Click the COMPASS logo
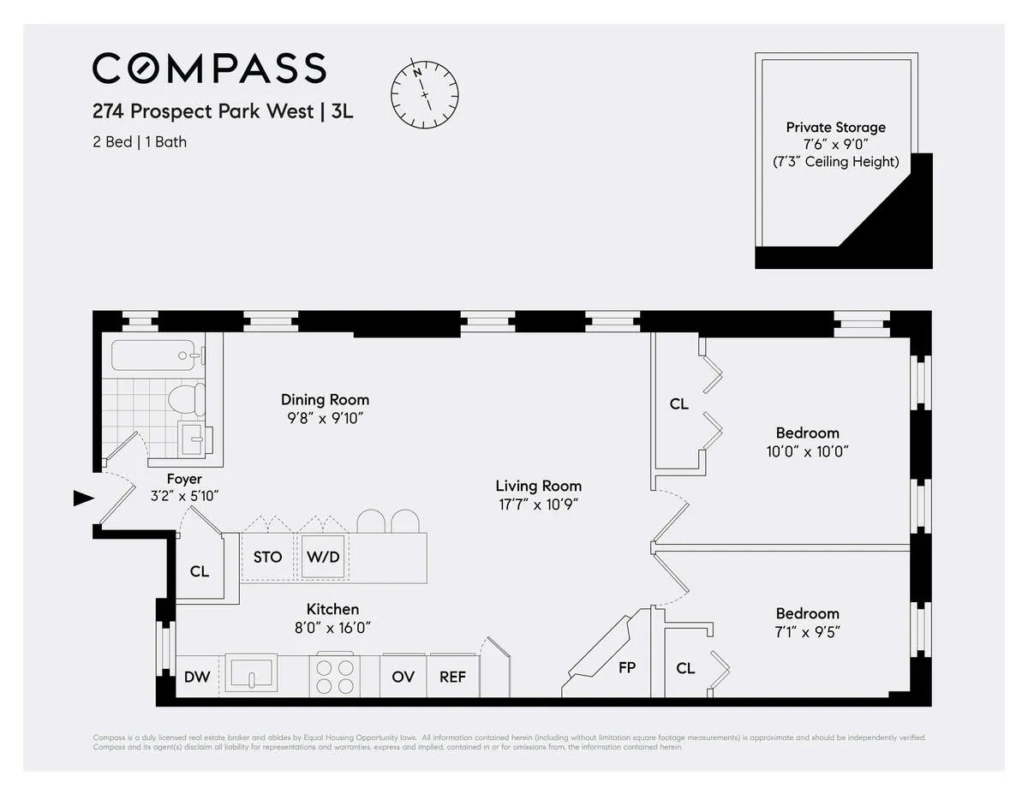pyautogui.click(x=209, y=69)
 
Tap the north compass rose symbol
pyautogui.click(x=425, y=89)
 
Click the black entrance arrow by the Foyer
pyautogui.click(x=83, y=498)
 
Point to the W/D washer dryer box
pyautogui.click(x=323, y=557)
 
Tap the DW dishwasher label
pyautogui.click(x=197, y=677)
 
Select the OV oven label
pyautogui.click(x=403, y=677)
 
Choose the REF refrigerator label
pyautogui.click(x=452, y=677)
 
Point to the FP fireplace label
pyautogui.click(x=626, y=667)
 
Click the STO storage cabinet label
pyautogui.click(x=267, y=557)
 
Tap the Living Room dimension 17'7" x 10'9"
pyautogui.click(x=538, y=504)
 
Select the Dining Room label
pyautogui.click(x=325, y=399)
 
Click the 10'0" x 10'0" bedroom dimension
pyautogui.click(x=807, y=451)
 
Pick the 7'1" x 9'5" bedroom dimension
pyautogui.click(x=807, y=632)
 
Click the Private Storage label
pyautogui.click(x=835, y=127)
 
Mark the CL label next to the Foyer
pyautogui.click(x=200, y=571)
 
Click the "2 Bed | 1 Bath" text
pyautogui.click(x=140, y=141)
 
